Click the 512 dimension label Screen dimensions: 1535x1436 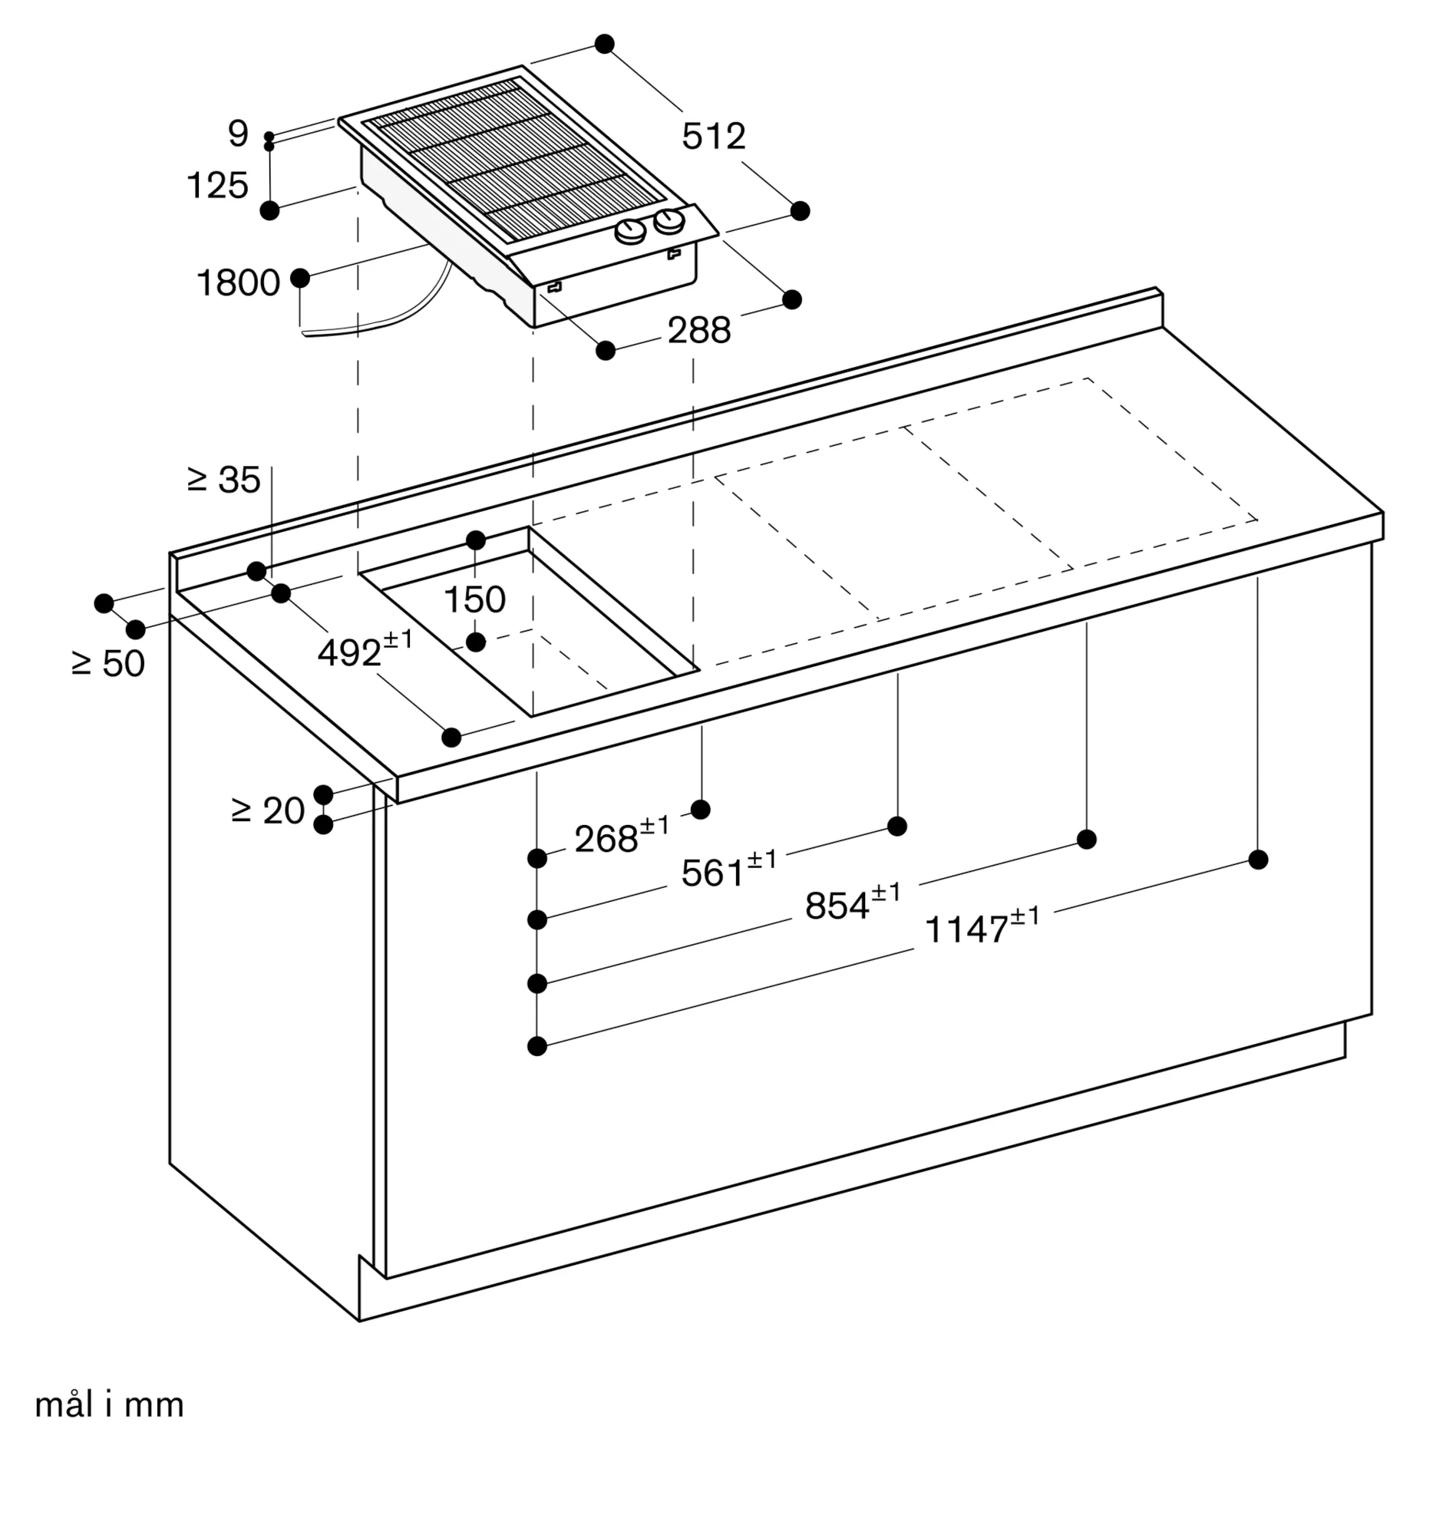point(713,137)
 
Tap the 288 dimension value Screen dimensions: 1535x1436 point(698,331)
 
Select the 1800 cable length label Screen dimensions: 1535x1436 point(239,282)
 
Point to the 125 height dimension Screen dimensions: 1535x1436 point(218,185)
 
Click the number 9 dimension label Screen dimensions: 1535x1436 point(239,134)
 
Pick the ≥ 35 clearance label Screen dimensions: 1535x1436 point(224,480)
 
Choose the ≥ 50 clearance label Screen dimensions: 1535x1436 point(108,663)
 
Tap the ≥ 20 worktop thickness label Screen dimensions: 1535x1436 point(268,810)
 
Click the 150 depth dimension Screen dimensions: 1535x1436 point(475,599)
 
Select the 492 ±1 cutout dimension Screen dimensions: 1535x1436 point(365,651)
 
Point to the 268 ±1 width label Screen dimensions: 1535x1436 point(622,837)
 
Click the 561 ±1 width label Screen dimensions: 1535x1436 point(728,870)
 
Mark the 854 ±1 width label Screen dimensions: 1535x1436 point(853,903)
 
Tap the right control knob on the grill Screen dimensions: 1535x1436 point(668,223)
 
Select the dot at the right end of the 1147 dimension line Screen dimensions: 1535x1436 point(1258,860)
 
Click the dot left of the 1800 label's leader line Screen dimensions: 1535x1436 point(299,279)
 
